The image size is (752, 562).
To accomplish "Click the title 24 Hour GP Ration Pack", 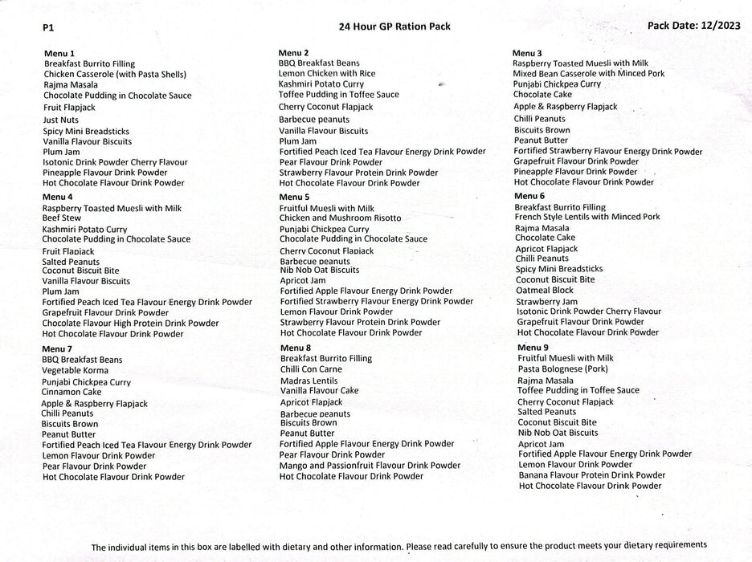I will pyautogui.click(x=394, y=26).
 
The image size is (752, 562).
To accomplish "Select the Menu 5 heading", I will pyautogui.click(x=294, y=197).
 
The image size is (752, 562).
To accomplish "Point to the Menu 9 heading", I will pyautogui.click(x=533, y=348).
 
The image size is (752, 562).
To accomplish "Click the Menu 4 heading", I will pyautogui.click(x=58, y=197).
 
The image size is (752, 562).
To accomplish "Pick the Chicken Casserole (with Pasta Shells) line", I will pyautogui.click(x=115, y=75).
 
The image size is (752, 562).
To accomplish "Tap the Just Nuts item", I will pyautogui.click(x=61, y=120).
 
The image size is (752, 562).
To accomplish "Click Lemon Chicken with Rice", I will pyautogui.click(x=327, y=73).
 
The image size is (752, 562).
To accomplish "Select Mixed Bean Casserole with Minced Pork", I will pyautogui.click(x=589, y=74).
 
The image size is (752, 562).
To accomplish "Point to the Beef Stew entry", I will pyautogui.click(x=62, y=218).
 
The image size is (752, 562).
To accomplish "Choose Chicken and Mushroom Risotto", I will pyautogui.click(x=340, y=218).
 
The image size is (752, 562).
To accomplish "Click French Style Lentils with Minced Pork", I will pyautogui.click(x=587, y=217).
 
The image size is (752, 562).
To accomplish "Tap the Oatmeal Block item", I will pyautogui.click(x=545, y=291).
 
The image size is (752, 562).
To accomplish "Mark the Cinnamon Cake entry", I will pyautogui.click(x=72, y=392).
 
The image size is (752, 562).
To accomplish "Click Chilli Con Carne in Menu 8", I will pyautogui.click(x=311, y=369).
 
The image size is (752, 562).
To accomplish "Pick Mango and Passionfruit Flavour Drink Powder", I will pyautogui.click(x=370, y=466).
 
